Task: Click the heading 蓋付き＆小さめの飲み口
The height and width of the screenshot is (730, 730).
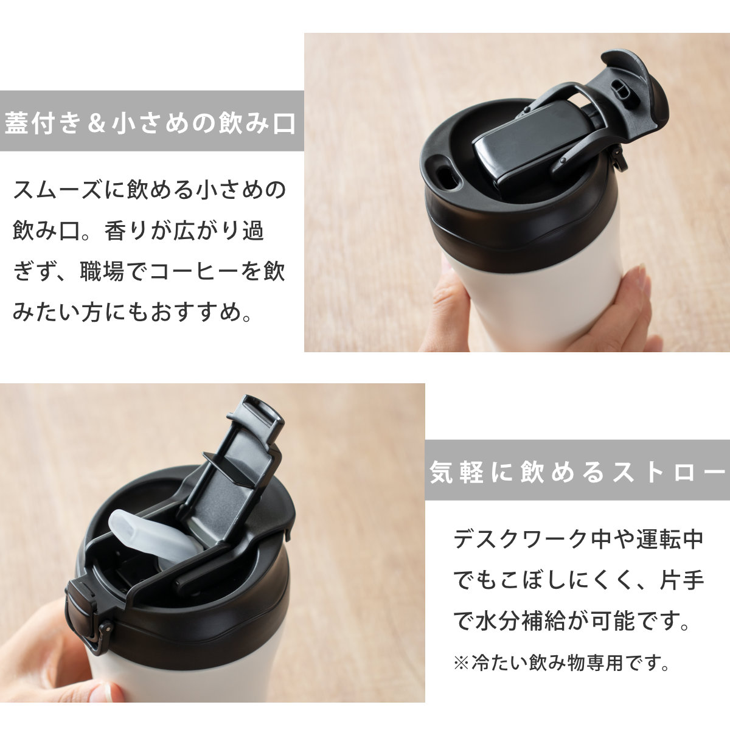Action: [151, 122]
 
